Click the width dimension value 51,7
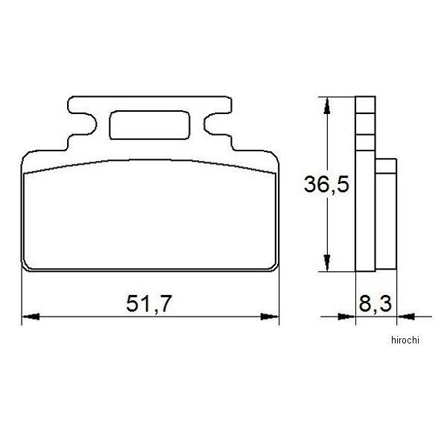click(x=149, y=303)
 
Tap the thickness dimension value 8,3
click(x=375, y=303)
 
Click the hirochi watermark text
click(x=405, y=339)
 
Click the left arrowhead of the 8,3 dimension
click(x=349, y=317)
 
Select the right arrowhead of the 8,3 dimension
click(x=403, y=317)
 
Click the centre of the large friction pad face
click(x=149, y=216)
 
